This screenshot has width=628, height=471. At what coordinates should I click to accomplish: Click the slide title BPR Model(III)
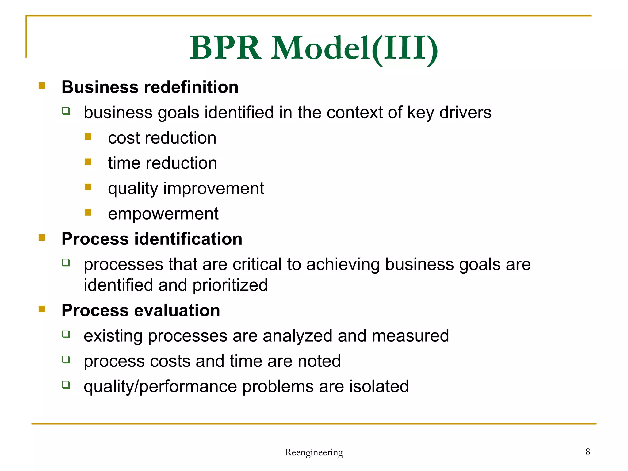313,48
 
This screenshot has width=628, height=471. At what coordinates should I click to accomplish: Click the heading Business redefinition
150,87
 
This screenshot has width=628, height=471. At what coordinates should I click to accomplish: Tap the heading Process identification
152,239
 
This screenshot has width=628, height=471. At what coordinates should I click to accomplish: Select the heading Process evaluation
141,310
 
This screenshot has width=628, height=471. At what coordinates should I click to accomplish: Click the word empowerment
163,214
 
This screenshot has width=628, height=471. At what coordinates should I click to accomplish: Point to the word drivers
465,113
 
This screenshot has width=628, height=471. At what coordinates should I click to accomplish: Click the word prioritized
230,285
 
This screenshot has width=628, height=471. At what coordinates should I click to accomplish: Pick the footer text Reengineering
314,452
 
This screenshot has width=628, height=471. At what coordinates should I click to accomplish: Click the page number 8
588,452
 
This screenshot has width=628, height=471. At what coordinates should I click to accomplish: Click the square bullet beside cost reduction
88,136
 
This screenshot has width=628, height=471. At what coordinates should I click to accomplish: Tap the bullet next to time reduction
88,162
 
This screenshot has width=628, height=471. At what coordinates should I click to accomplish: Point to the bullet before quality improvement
88,187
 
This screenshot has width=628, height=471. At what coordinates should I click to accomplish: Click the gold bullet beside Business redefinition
42,86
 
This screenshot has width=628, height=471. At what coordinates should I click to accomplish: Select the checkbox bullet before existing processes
66,334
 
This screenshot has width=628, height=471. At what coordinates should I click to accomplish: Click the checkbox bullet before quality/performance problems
66,385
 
